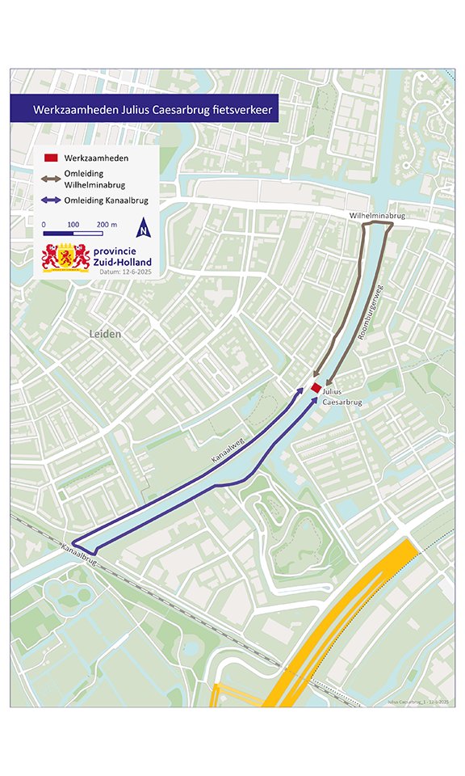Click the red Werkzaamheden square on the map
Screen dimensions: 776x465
[x=316, y=388]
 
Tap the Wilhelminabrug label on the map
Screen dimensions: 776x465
[x=377, y=217]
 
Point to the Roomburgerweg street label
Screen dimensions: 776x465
[x=373, y=306]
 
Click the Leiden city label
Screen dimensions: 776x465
[x=104, y=334]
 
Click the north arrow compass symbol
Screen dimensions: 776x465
[x=143, y=228]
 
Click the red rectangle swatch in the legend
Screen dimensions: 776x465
[x=50, y=158]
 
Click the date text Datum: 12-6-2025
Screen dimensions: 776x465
[x=124, y=272]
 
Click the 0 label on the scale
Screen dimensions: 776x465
[x=44, y=224]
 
